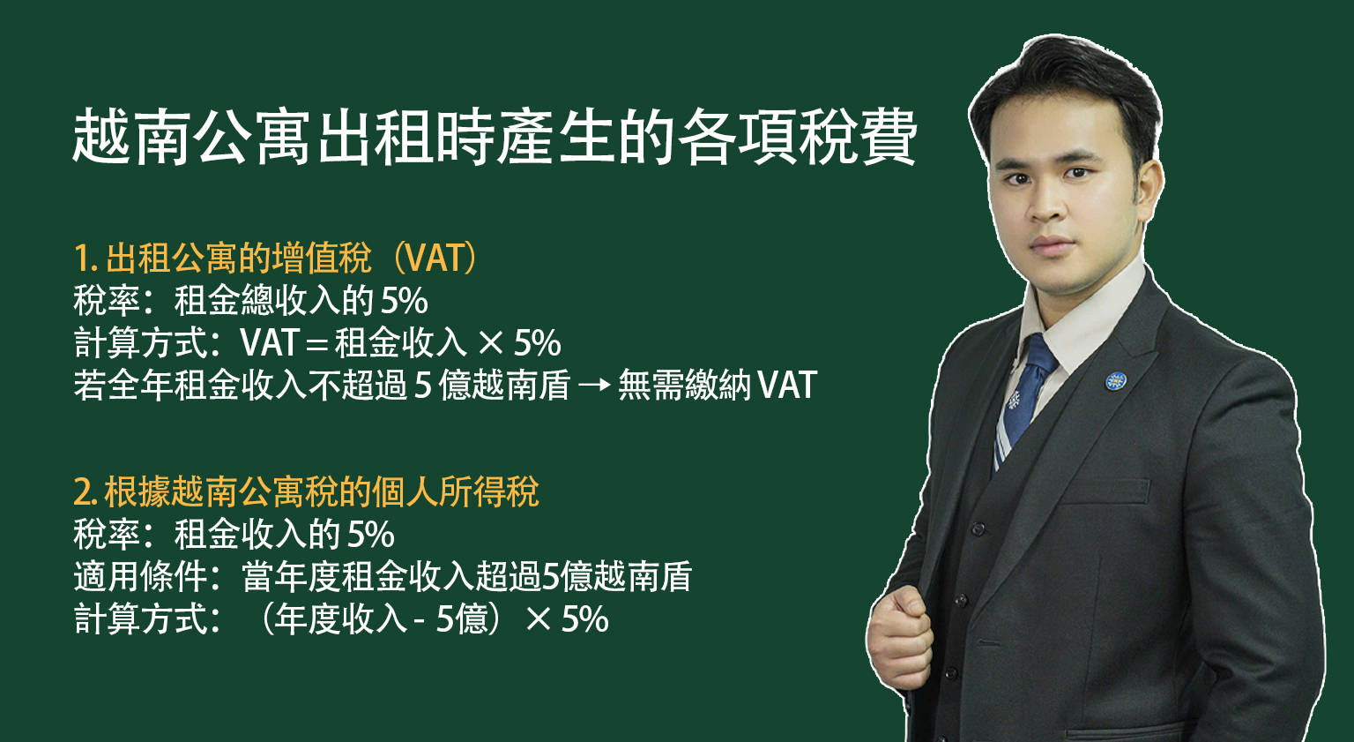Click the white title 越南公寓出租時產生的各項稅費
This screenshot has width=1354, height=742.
[x=494, y=138]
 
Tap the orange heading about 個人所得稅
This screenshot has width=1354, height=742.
[x=306, y=492]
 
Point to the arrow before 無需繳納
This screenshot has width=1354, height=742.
[x=594, y=386]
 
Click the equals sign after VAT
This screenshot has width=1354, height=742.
[x=316, y=344]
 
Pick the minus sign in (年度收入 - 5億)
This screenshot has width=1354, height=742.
[x=419, y=620]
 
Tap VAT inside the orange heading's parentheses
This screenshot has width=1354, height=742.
[x=434, y=259]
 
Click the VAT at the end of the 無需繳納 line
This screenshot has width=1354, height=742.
[x=787, y=386]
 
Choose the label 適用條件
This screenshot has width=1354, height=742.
[x=140, y=577]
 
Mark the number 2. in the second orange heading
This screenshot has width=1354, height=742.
[x=86, y=492]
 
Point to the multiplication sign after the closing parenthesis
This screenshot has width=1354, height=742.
[x=539, y=620]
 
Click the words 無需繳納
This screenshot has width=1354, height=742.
[x=685, y=386]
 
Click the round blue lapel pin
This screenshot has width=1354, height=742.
[x=1116, y=381]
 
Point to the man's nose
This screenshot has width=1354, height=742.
[x=1049, y=206]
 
